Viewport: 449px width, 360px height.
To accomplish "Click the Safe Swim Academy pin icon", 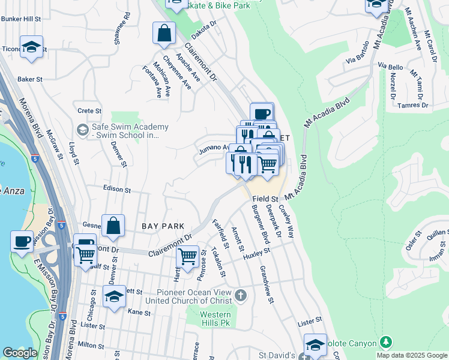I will point(82,130).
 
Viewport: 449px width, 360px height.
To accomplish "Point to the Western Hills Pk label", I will point(215,319).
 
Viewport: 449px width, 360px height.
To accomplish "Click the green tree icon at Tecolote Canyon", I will point(387,343).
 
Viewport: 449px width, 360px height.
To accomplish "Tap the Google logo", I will point(20,353).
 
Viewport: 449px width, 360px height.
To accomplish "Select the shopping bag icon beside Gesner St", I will point(113,226).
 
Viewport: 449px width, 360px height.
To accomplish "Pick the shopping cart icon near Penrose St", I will point(188,256).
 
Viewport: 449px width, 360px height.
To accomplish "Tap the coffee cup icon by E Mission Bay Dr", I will point(22,242).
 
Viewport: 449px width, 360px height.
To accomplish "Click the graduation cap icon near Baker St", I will point(31,47).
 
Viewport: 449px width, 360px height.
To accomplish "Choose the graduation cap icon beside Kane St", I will point(114,296).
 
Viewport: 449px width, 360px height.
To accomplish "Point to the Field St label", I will point(265,199).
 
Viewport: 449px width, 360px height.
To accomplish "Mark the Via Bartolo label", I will point(357,61).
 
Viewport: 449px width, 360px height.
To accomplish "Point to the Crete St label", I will point(90,111).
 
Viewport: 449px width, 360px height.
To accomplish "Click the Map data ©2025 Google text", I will point(411,355).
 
